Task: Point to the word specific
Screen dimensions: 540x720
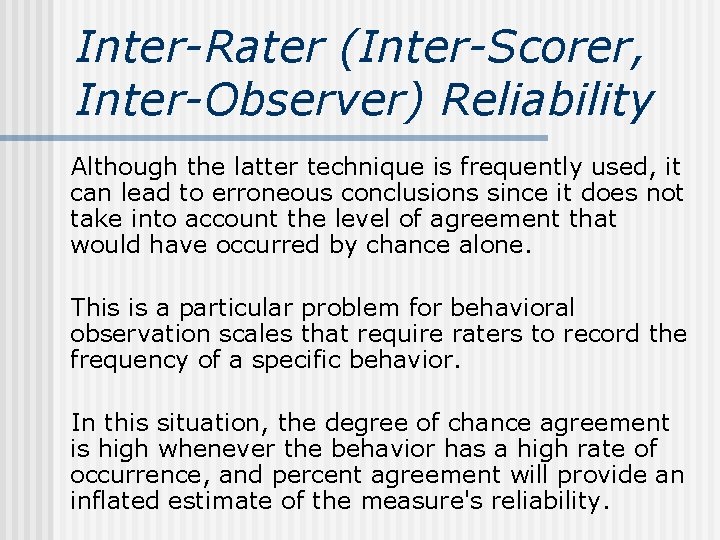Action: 299,360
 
